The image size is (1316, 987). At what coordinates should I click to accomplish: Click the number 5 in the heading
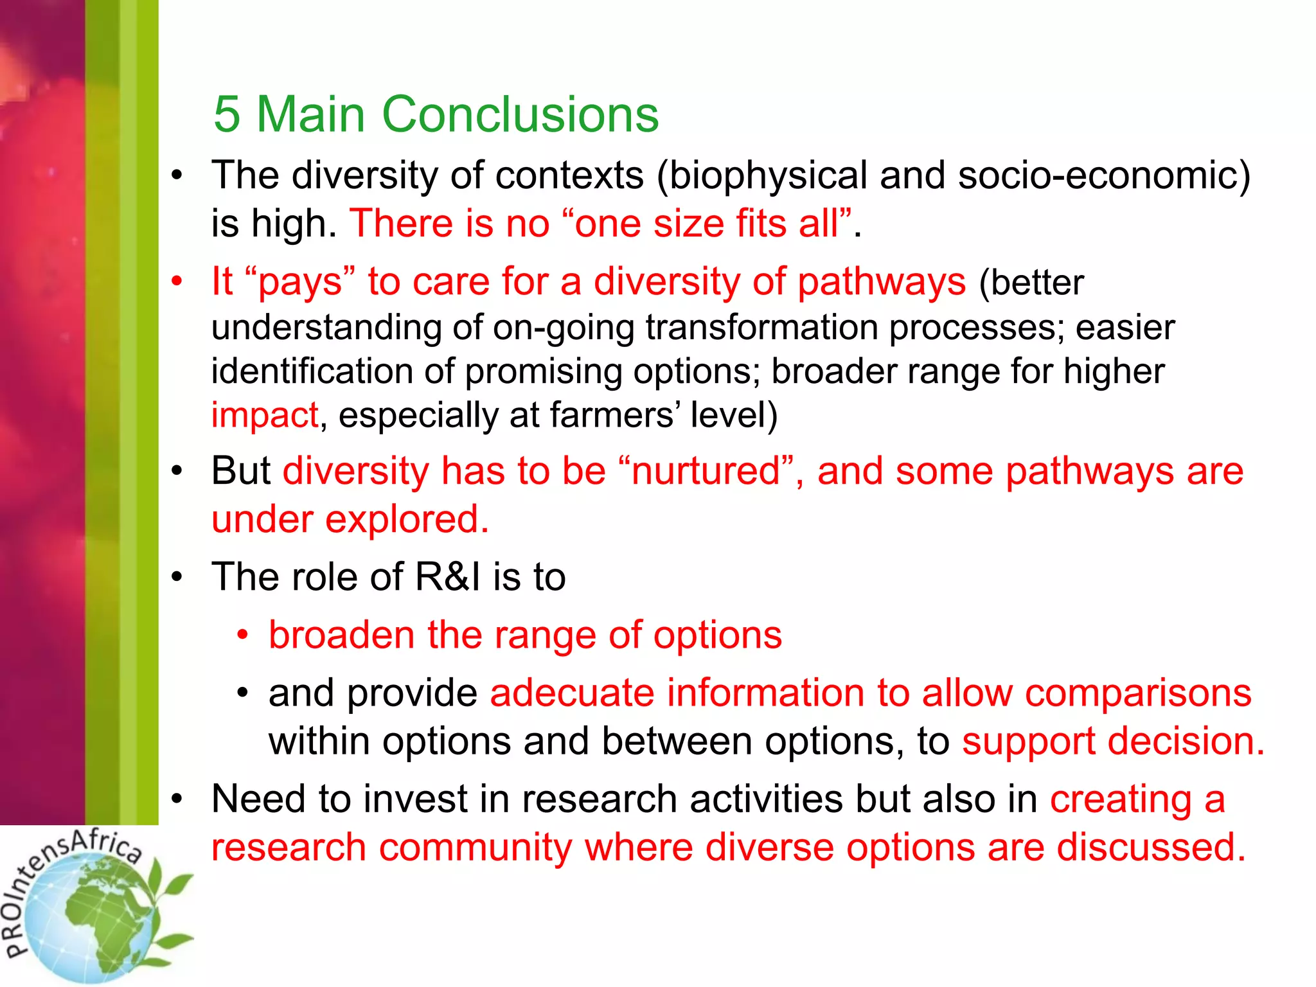227,114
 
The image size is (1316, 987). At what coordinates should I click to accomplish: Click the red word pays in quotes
300,282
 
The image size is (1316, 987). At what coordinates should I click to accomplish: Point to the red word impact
265,415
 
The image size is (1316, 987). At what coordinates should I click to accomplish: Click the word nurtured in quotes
706,471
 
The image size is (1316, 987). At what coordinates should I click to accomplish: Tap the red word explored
406,519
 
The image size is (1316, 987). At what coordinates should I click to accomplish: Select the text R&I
448,576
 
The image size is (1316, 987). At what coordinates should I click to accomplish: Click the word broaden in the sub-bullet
342,635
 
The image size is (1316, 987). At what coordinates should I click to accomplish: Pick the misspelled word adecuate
573,693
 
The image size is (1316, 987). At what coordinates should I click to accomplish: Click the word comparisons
1138,693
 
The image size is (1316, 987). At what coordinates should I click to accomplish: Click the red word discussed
1150,848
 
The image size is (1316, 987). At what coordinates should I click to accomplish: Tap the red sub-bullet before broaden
242,635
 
